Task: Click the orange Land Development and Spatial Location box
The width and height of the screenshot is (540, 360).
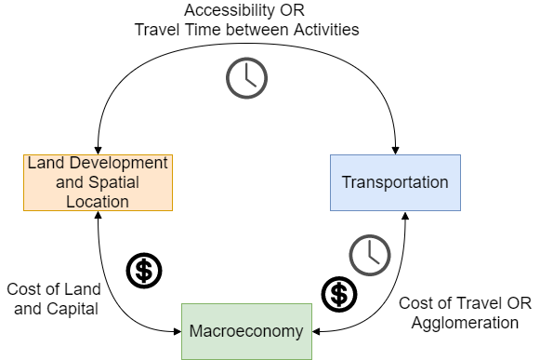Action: [98, 182]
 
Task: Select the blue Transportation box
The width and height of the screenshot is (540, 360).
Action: [395, 182]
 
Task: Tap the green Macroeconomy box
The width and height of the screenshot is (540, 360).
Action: [246, 331]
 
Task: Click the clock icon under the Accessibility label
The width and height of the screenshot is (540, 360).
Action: [246, 78]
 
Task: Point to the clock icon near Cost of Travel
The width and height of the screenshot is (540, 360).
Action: [370, 255]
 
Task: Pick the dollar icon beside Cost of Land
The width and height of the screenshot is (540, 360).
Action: [144, 271]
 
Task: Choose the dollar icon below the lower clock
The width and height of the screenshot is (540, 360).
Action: [339, 295]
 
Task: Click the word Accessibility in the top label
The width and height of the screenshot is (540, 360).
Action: [230, 10]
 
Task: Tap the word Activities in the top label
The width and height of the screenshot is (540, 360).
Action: [326, 30]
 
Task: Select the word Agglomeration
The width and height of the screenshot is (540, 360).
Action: [465, 324]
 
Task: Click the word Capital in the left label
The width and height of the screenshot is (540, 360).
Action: [72, 310]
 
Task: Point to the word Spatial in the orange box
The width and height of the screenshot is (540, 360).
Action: [114, 182]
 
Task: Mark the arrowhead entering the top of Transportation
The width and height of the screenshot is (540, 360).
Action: [395, 151]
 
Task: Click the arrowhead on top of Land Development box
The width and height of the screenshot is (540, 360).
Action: [99, 151]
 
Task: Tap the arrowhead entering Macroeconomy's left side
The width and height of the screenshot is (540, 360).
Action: [178, 332]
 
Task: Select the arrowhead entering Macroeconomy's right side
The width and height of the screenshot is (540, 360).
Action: [316, 332]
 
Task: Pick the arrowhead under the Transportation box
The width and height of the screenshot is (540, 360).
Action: [405, 215]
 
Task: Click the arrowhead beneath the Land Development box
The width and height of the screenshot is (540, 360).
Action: [99, 215]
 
